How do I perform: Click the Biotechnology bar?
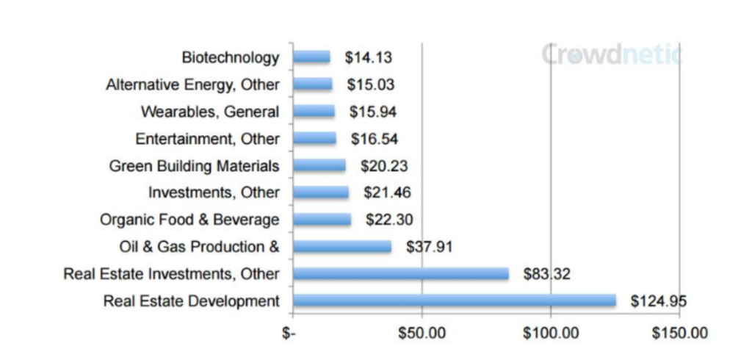(311, 57)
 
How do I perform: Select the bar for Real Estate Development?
(454, 300)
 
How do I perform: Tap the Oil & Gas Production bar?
(341, 246)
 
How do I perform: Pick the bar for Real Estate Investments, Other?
(400, 273)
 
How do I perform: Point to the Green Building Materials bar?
(319, 165)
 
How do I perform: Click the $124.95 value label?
(658, 300)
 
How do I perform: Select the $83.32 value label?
(546, 274)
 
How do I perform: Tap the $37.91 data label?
(429, 247)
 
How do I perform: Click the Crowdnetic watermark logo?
(612, 54)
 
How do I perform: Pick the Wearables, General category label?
(209, 112)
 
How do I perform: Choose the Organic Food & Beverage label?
(189, 220)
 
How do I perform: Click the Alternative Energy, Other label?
(192, 84)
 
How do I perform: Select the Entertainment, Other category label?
(207, 138)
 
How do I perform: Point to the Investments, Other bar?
(321, 192)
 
